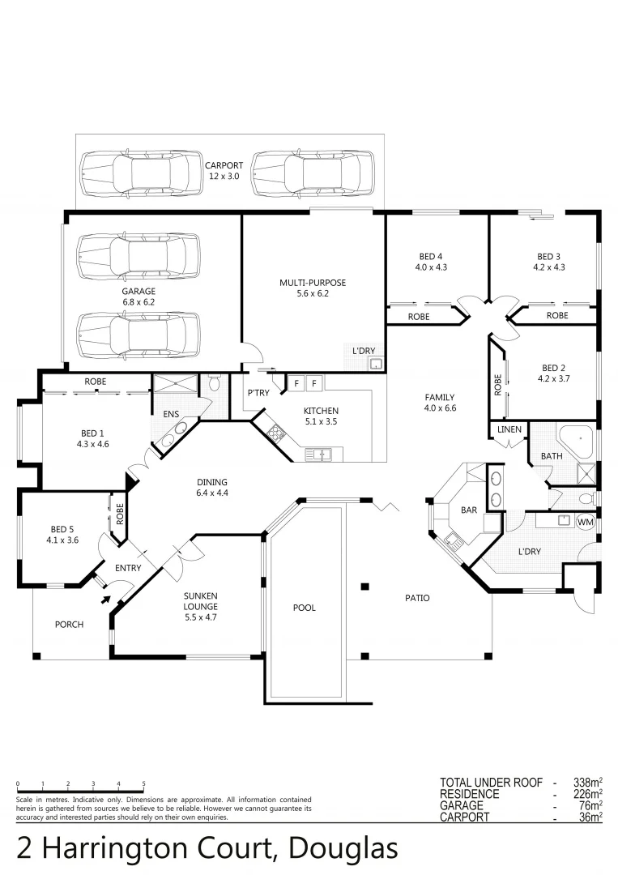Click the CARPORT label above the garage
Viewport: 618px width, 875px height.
pos(224,165)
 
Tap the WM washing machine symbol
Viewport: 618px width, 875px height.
pos(586,523)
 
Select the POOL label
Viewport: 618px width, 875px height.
pos(305,608)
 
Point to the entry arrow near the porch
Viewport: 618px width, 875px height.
pos(105,600)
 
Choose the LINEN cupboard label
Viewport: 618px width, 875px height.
pos(509,429)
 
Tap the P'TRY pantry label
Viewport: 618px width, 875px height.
pos(258,393)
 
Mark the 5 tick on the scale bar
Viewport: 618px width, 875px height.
pos(143,784)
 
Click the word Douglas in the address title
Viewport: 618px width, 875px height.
pos(343,848)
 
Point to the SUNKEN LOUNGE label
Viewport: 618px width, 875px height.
pos(199,601)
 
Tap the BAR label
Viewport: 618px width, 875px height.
pos(468,511)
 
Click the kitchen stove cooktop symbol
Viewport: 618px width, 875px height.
pos(275,433)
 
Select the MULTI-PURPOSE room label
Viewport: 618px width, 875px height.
pos(313,283)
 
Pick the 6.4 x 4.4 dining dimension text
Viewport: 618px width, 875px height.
pos(212,493)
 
